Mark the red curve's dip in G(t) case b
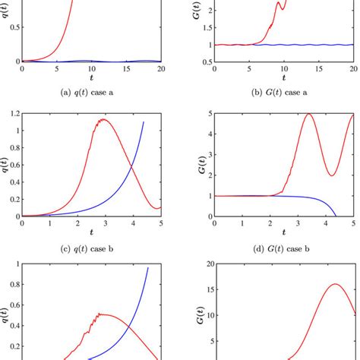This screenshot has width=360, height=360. pyautogui.click(x=333, y=175)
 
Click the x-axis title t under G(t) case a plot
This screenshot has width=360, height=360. pyautogui.click(x=284, y=78)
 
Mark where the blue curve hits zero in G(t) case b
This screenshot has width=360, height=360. pyautogui.click(x=336, y=216)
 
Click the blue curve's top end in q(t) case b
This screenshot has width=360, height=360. pyautogui.click(x=143, y=122)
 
